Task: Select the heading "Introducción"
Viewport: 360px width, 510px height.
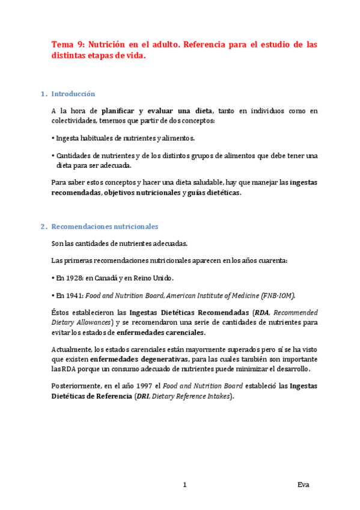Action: [73, 94]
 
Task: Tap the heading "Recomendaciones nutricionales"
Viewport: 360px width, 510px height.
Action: [105, 227]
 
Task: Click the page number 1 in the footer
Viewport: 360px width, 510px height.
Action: [185, 485]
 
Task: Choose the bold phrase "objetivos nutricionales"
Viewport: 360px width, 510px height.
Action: [142, 192]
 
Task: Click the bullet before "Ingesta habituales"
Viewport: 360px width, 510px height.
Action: [53, 138]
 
